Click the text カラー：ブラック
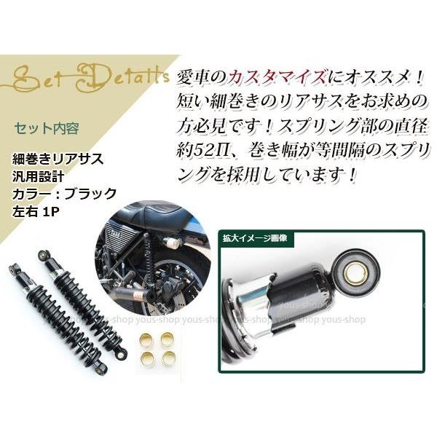point(64,194)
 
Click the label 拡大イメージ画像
point(256,238)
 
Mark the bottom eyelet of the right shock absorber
point(122,355)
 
